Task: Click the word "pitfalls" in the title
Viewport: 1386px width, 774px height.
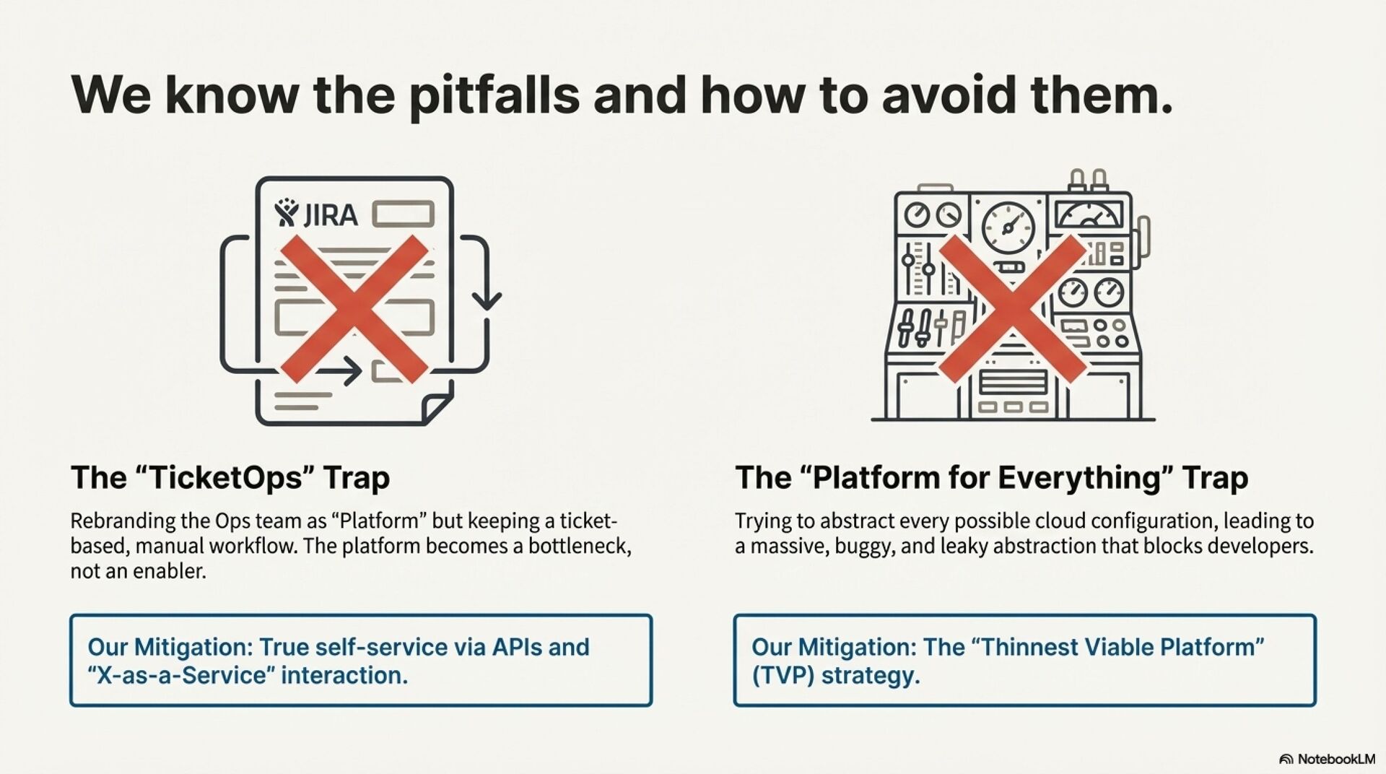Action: point(494,96)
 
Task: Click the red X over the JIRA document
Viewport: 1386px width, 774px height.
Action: point(354,308)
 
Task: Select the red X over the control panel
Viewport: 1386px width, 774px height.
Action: point(1011,308)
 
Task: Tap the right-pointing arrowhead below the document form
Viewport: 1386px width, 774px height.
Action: point(354,371)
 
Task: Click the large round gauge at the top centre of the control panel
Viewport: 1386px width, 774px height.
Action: point(1008,227)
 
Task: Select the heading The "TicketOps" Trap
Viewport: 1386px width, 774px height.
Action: point(230,478)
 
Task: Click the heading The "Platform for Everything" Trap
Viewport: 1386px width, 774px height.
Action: point(991,478)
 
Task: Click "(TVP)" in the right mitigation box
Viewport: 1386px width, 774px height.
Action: point(783,676)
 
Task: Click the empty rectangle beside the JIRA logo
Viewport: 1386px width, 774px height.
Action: point(403,214)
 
